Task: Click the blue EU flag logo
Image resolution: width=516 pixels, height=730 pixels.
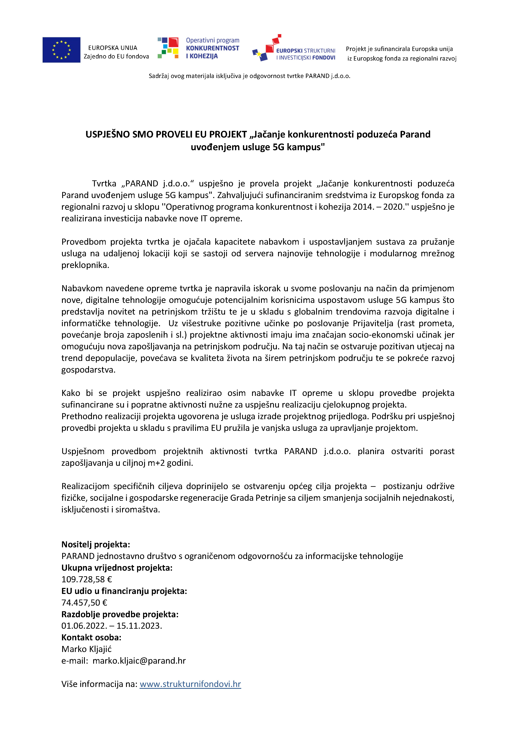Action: click(x=61, y=50)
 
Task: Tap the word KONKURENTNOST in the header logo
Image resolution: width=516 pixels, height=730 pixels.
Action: click(x=212, y=48)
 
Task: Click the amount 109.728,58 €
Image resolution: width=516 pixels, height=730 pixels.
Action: click(x=87, y=579)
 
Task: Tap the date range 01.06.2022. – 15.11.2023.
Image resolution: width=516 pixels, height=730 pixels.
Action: click(x=112, y=626)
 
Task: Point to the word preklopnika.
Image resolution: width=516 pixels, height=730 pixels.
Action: click(x=85, y=265)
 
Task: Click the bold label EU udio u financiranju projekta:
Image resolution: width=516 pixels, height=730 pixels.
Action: click(x=124, y=591)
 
